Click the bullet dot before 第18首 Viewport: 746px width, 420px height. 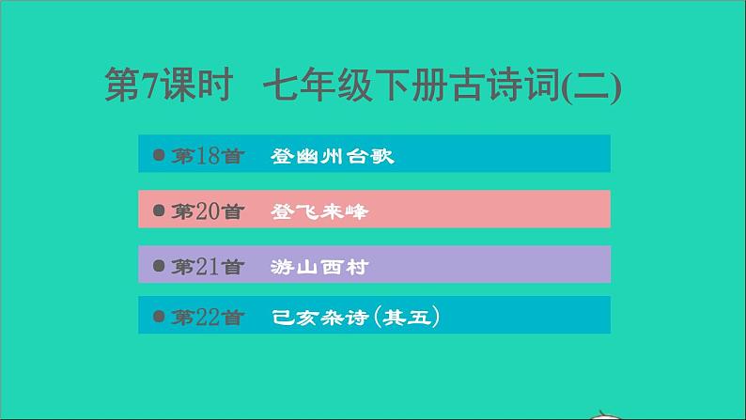[158, 155]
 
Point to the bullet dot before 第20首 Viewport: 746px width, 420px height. [158, 210]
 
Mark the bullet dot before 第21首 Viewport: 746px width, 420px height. [158, 266]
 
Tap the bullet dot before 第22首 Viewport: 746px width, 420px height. [158, 317]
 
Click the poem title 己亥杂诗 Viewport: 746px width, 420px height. [315, 318]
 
